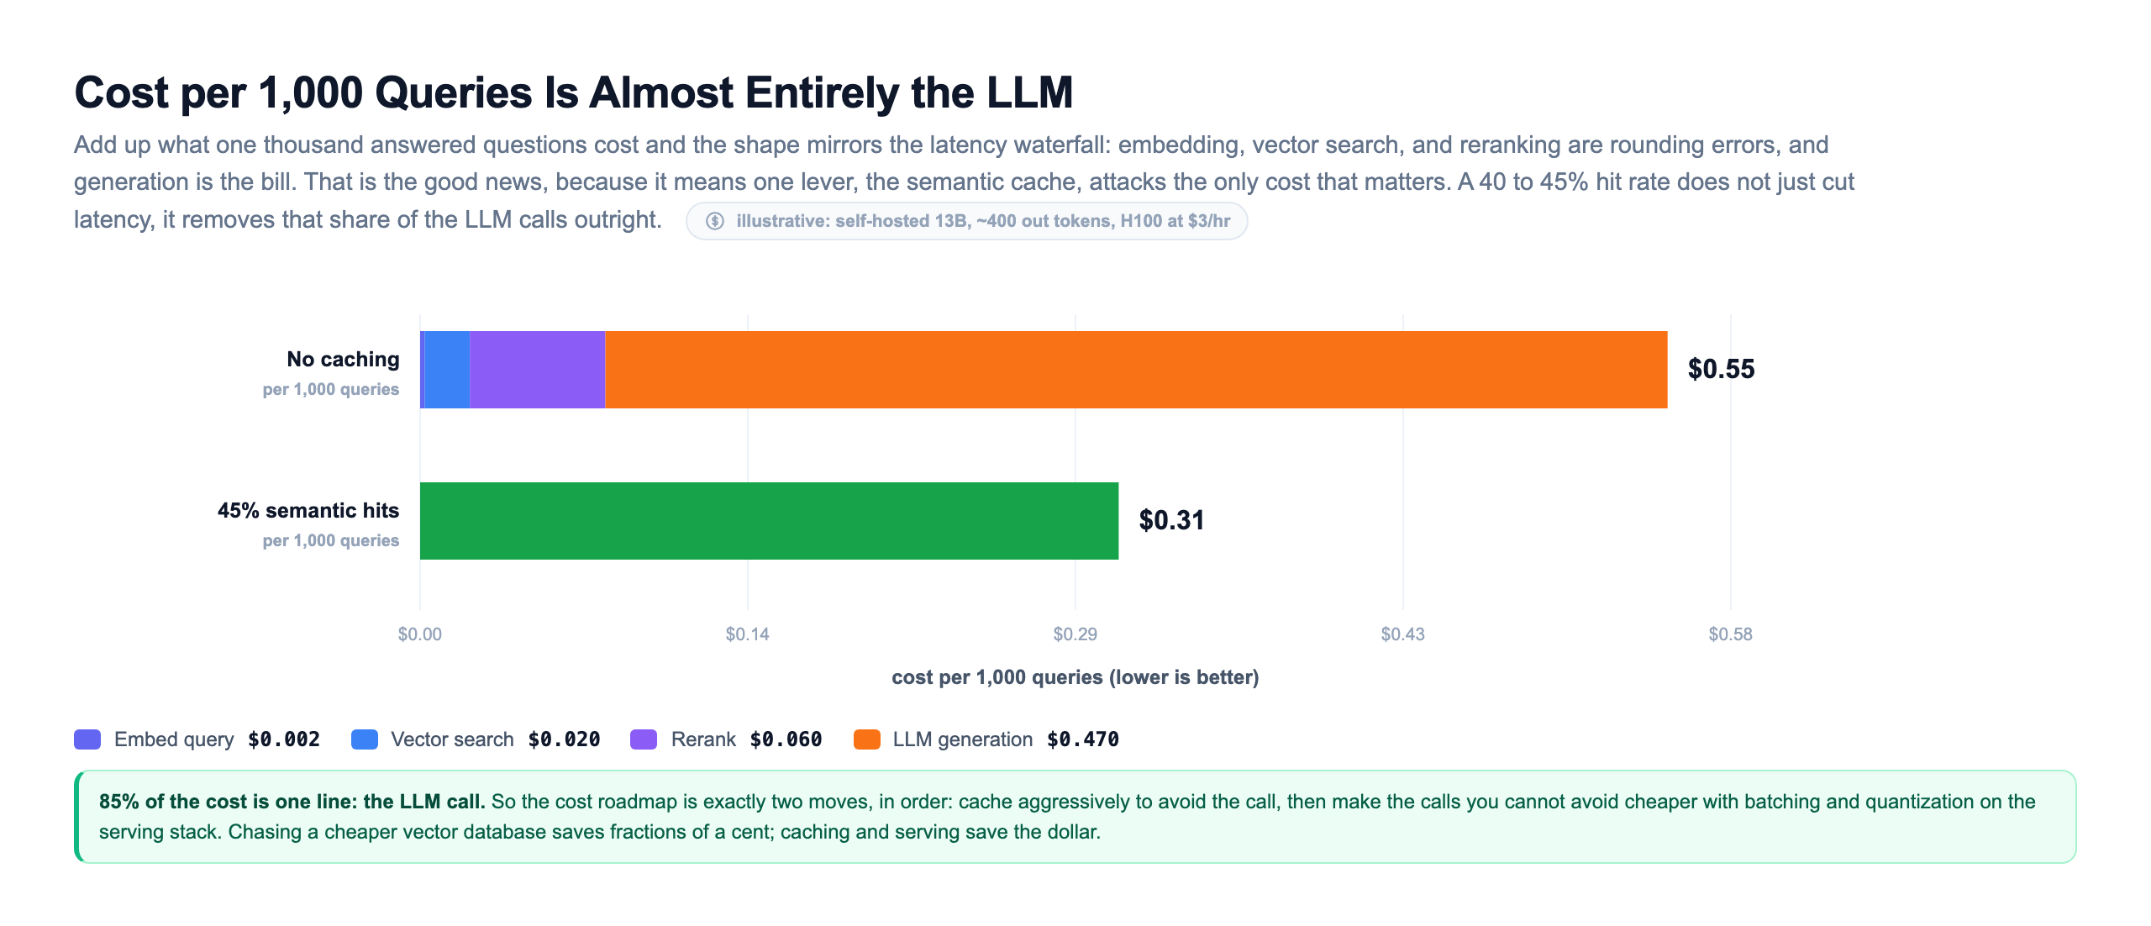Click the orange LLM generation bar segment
1136,370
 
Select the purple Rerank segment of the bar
538,370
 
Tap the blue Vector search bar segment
447,370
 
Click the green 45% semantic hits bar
769,521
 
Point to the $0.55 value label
1721,369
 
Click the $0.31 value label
1171,520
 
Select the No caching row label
343,359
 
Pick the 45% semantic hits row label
308,510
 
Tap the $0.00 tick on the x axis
420,634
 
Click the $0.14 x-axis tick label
748,634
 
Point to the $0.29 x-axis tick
1075,634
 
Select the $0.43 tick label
1403,634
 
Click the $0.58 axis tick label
1731,634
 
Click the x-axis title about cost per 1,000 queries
1075,677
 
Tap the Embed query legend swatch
87,739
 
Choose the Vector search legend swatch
365,739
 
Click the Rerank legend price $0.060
786,739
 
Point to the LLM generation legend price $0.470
1083,739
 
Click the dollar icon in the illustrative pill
715,221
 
